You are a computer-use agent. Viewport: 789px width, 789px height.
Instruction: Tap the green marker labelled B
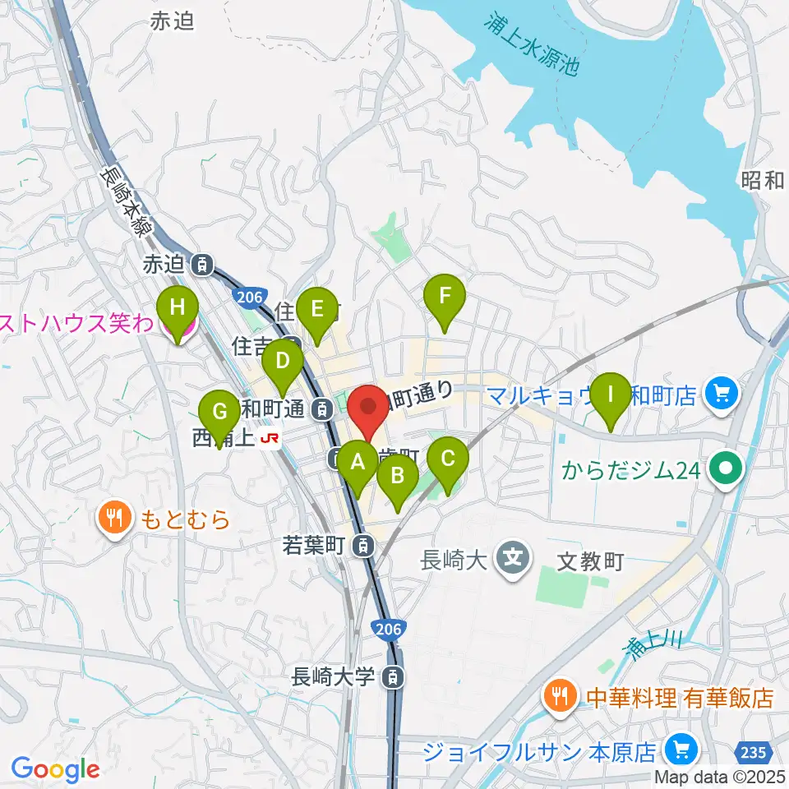pyautogui.click(x=398, y=476)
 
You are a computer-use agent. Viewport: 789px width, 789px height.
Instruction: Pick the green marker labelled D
pyautogui.click(x=283, y=362)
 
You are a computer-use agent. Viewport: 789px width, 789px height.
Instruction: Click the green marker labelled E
pyautogui.click(x=316, y=311)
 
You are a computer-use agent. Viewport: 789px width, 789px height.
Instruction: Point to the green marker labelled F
pyautogui.click(x=445, y=297)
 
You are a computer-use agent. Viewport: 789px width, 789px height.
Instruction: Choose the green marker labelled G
pyautogui.click(x=219, y=412)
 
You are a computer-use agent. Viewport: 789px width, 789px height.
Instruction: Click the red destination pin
pyautogui.click(x=367, y=407)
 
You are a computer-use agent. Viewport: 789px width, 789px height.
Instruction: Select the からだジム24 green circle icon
pyautogui.click(x=727, y=471)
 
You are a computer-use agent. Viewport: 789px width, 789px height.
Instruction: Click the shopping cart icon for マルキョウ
pyautogui.click(x=722, y=395)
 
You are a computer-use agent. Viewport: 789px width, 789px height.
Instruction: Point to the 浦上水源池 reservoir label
pyautogui.click(x=531, y=46)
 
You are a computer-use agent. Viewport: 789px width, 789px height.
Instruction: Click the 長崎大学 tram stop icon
pyautogui.click(x=395, y=678)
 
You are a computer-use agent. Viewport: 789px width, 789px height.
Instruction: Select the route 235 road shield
pyautogui.click(x=755, y=751)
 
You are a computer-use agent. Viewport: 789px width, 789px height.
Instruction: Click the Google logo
pyautogui.click(x=55, y=769)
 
